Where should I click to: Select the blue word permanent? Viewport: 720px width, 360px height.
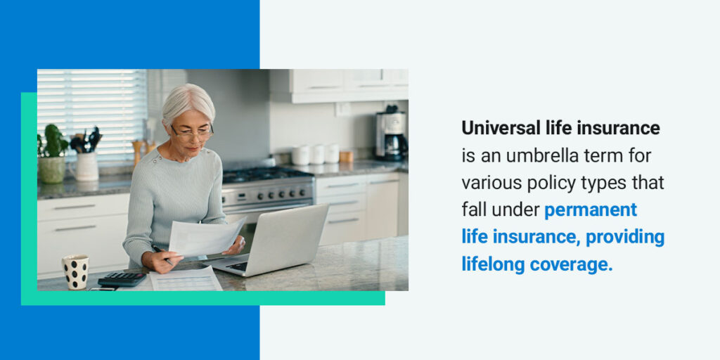591,210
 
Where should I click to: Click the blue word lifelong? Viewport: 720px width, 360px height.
493,264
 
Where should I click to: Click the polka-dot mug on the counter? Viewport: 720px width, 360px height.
75,272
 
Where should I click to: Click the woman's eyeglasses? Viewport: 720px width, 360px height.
192,133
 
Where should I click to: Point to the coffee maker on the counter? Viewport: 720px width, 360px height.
391,136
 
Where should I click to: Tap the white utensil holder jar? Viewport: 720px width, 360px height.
86,166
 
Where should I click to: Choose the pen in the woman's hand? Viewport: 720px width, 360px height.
162,255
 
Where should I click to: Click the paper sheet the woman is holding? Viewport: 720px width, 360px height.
206,237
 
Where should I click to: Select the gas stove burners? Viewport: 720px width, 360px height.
264,173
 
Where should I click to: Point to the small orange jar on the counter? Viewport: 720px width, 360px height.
346,157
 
